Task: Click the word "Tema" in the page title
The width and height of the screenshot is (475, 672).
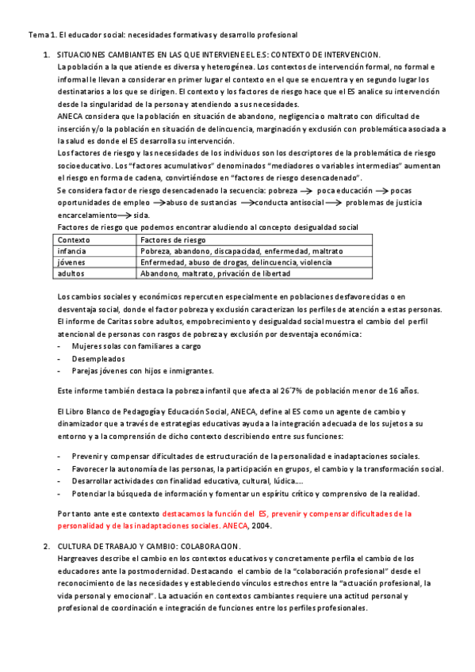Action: pos(38,35)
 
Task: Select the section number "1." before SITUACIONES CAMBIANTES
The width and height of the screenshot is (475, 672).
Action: pos(46,54)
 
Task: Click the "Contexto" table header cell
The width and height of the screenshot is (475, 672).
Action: pos(75,239)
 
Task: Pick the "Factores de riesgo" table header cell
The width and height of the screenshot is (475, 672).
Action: pos(172,239)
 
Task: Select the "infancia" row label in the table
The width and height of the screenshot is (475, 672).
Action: pos(74,250)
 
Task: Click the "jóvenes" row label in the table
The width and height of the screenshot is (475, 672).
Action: pos(72,262)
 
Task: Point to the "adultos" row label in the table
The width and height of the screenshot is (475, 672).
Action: pos(73,273)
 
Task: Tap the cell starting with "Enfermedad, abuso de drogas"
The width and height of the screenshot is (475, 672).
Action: pos(236,262)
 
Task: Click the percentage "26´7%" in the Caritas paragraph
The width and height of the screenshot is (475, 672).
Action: pos(285,390)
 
